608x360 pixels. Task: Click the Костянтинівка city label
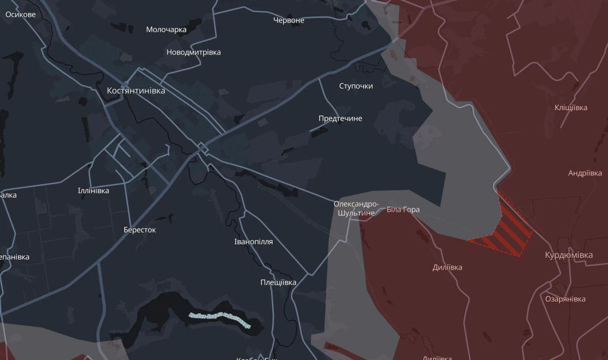click(x=136, y=90)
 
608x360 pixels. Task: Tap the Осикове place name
click(x=20, y=15)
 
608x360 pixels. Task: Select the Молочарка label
click(x=166, y=30)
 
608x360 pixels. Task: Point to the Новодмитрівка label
click(x=194, y=52)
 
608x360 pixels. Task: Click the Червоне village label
click(x=289, y=20)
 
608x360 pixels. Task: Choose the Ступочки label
click(x=356, y=86)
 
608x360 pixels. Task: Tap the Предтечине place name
click(x=340, y=119)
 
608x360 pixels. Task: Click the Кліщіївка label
click(x=571, y=108)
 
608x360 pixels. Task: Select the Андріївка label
click(x=585, y=174)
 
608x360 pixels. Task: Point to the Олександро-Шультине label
click(x=356, y=208)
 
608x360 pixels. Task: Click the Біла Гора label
click(x=403, y=210)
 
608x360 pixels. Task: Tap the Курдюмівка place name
click(x=569, y=255)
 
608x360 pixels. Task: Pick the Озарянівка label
click(x=565, y=299)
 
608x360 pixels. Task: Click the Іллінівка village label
click(x=93, y=191)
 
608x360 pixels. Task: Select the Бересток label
click(x=140, y=230)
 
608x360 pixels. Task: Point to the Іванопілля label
click(x=253, y=242)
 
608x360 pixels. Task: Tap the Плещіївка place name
click(x=278, y=282)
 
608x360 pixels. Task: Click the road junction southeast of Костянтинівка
click(x=202, y=149)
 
